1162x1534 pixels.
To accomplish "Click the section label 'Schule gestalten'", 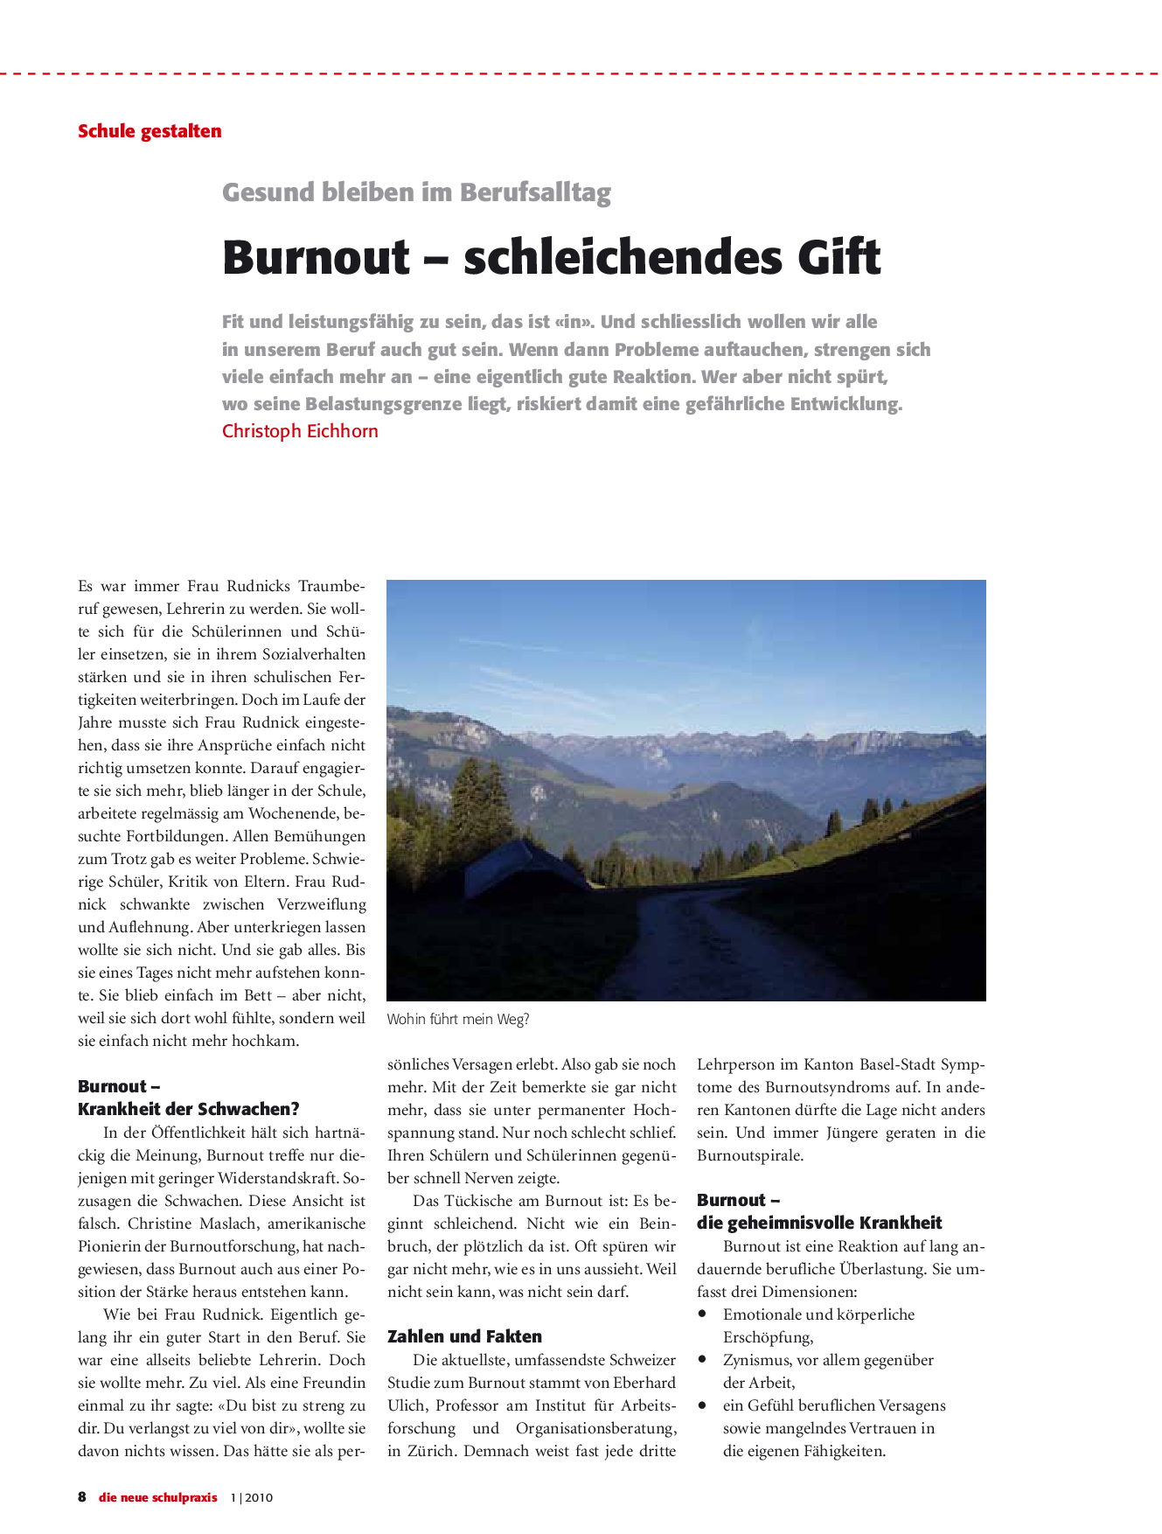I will (150, 131).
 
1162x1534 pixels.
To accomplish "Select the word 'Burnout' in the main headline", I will (316, 257).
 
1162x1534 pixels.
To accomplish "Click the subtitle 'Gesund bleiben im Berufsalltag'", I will (416, 192).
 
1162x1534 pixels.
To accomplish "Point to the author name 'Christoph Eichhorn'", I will (300, 431).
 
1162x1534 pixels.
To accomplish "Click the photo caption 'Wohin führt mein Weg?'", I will (458, 1019).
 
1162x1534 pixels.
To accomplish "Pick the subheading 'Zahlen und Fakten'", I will (464, 1336).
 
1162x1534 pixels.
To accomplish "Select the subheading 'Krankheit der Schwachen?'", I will (188, 1109).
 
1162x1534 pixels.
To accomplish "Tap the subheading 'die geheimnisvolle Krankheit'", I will (819, 1223).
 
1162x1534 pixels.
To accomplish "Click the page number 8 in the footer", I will (82, 1497).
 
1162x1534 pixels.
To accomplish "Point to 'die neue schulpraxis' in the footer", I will (157, 1497).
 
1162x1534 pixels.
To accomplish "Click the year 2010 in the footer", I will (259, 1497).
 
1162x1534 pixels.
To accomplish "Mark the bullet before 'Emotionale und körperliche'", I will (702, 1314).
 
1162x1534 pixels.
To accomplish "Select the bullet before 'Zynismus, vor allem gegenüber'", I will (702, 1359).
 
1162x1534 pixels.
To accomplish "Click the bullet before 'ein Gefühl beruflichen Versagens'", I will (702, 1405).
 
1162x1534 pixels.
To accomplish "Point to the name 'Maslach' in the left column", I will (229, 1224).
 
